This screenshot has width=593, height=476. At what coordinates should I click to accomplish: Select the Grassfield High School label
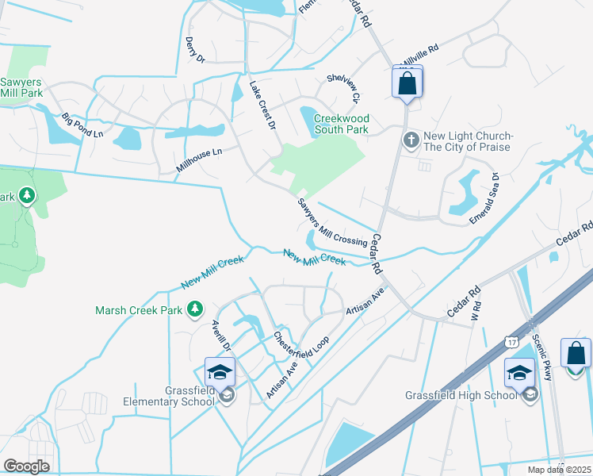point(462,394)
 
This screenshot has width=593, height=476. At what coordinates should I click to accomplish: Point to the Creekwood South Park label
point(342,124)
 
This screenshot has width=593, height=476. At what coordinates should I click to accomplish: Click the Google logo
point(26,466)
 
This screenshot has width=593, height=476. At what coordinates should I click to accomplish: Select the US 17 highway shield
point(511,340)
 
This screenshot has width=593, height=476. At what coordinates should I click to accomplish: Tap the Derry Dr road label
point(195,49)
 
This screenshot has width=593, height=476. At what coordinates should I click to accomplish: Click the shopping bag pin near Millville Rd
point(407,83)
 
